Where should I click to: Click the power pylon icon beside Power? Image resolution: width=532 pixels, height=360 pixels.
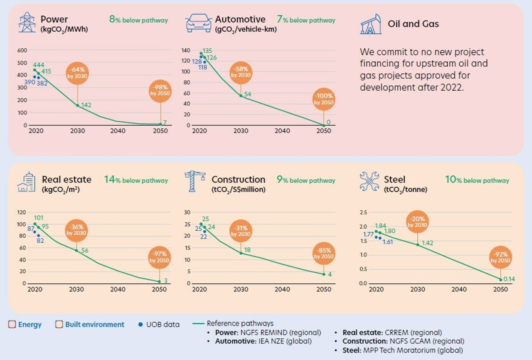(x=27, y=22)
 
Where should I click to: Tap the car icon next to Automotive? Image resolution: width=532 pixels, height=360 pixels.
(x=198, y=23)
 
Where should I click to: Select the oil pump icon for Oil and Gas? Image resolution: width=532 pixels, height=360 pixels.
(x=371, y=24)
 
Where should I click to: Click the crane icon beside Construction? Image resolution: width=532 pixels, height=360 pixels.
(x=195, y=181)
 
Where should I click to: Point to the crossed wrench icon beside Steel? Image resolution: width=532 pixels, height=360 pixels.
(x=369, y=181)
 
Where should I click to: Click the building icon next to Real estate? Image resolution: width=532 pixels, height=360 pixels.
(x=26, y=182)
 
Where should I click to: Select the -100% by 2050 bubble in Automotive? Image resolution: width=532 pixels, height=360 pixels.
(x=324, y=99)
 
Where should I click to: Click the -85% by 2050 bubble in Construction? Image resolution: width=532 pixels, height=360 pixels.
(x=324, y=253)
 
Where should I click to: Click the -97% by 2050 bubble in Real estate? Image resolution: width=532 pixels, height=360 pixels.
(x=160, y=256)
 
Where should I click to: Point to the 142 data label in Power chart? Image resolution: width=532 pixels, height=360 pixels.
(x=86, y=105)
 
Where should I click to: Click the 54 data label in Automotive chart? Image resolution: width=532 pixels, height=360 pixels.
(x=248, y=94)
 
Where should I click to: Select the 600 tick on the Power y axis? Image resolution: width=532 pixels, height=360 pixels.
(x=22, y=50)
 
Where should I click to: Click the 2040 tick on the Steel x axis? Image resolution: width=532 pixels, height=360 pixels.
(x=459, y=289)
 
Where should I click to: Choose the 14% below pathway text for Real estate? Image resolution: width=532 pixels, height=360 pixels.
(x=136, y=180)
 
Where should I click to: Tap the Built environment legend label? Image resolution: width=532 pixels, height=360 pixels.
(x=94, y=325)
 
